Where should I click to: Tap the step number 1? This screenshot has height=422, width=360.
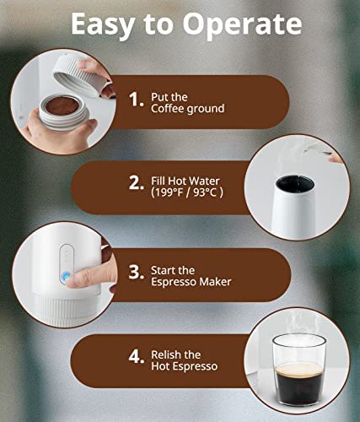click(136, 100)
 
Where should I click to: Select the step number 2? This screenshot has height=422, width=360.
click(136, 183)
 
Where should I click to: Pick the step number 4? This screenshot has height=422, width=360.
click(137, 356)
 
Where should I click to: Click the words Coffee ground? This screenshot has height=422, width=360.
click(188, 109)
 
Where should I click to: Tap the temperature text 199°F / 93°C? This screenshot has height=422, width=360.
click(187, 192)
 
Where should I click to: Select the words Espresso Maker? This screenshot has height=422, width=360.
click(191, 282)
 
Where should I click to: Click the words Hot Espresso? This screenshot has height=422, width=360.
click(185, 366)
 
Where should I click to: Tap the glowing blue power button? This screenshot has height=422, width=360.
click(65, 277)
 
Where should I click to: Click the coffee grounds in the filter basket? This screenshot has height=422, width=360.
click(62, 105)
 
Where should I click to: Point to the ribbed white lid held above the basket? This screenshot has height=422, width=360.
click(82, 77)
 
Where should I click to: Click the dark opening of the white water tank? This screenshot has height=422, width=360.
click(295, 183)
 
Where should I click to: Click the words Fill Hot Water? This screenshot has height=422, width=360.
click(185, 181)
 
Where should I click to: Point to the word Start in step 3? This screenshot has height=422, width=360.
click(163, 271)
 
